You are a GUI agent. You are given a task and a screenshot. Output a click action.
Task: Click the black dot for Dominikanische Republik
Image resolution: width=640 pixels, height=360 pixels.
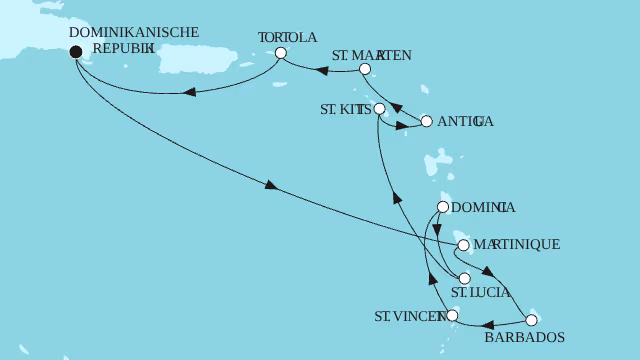click(x=77, y=55)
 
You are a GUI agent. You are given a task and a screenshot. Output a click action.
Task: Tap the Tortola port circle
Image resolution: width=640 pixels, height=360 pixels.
click(x=281, y=54)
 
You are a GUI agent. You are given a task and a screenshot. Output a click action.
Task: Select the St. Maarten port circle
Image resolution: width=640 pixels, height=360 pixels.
click(x=365, y=70)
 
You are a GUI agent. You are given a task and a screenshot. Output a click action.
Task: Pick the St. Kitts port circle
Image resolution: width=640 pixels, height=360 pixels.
click(x=378, y=107)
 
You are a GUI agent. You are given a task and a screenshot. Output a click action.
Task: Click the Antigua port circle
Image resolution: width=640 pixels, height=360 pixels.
click(x=427, y=121)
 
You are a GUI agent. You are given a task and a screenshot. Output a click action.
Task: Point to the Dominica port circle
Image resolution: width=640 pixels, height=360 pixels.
click(x=442, y=208)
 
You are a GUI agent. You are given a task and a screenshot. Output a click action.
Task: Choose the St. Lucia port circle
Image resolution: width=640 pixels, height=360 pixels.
click(x=464, y=279)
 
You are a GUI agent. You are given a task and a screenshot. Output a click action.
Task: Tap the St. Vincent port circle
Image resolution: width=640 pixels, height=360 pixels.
click(x=452, y=316)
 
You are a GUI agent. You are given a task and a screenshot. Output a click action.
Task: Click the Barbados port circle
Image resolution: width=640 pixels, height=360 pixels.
click(x=531, y=320)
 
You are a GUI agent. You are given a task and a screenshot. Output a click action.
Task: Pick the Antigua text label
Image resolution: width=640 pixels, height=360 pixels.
click(x=466, y=121)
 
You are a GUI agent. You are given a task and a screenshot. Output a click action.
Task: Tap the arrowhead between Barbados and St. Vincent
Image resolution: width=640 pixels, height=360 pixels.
click(x=489, y=324)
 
